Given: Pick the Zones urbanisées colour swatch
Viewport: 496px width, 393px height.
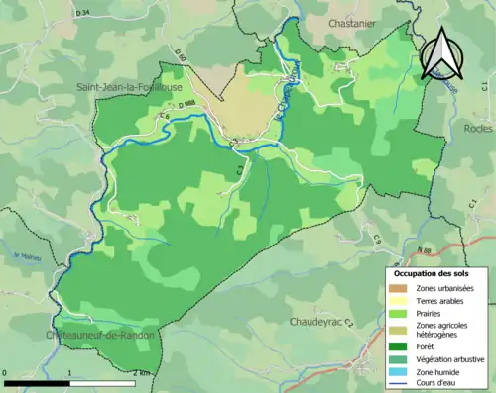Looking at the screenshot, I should (x=399, y=288).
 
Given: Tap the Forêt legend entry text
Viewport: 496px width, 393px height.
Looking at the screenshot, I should (x=428, y=345).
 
